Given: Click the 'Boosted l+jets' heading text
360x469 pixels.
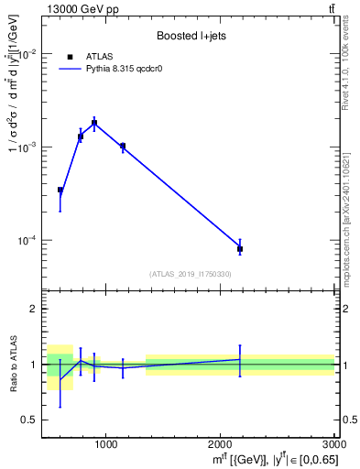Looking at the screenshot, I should (191, 37).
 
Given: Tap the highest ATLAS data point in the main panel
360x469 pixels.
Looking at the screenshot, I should (94, 123).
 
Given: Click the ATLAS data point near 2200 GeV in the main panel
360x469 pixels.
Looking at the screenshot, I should (240, 248).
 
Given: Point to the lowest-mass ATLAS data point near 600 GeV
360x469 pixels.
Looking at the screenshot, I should (60, 191).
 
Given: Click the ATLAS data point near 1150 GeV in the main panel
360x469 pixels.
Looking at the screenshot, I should (123, 146).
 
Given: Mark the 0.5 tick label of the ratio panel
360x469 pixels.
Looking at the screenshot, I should (30, 420).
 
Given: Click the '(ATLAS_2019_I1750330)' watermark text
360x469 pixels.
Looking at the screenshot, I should (191, 274).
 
